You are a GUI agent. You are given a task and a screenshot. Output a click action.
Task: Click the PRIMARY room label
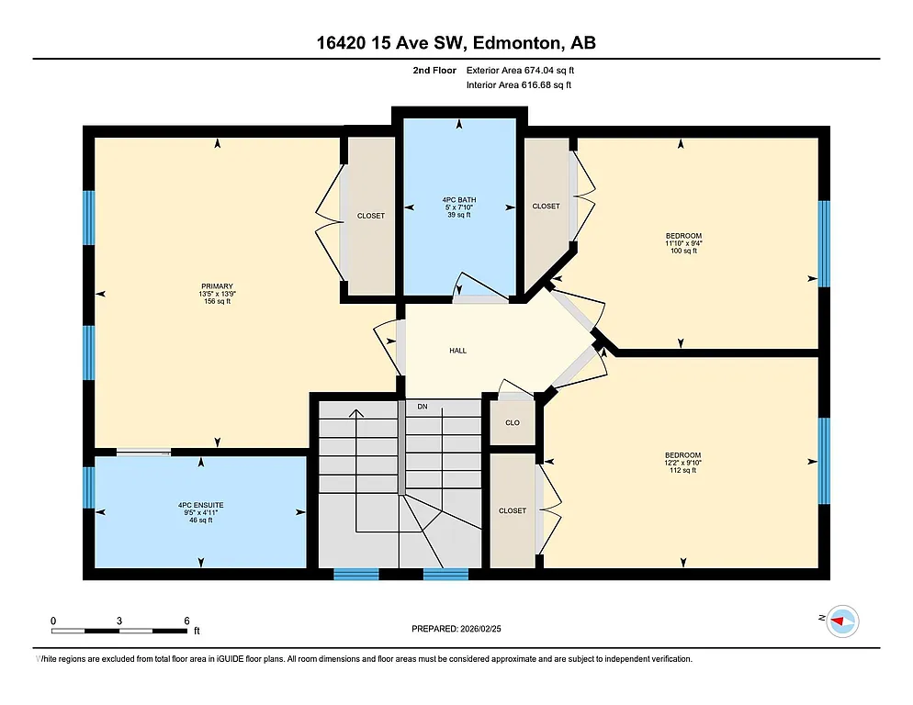(217, 285)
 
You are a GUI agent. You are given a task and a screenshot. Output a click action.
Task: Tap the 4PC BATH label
(458, 199)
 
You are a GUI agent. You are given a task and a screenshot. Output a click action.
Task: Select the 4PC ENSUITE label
(200, 505)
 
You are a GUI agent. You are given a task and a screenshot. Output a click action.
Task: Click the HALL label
(457, 351)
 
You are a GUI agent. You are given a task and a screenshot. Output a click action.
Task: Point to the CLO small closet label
(513, 423)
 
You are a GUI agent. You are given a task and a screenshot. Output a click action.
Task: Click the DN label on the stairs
(422, 406)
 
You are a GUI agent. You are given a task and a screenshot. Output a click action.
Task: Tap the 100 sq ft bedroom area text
(683, 251)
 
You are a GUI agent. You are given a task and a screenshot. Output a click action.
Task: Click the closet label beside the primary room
(371, 216)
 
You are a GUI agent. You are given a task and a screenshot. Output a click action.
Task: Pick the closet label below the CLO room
(513, 510)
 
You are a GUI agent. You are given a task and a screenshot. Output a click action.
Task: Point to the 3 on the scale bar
(119, 621)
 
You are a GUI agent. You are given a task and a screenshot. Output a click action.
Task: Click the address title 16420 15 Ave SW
(456, 43)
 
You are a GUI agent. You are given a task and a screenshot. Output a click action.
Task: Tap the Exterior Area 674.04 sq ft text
(520, 70)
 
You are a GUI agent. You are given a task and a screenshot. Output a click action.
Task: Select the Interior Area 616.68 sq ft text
(519, 85)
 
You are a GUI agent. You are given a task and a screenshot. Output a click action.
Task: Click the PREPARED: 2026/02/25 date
(456, 629)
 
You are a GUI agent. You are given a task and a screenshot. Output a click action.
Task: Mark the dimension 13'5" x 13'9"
(217, 294)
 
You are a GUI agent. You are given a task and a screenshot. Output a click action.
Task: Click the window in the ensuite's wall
(89, 487)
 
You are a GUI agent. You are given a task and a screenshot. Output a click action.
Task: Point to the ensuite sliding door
(143, 451)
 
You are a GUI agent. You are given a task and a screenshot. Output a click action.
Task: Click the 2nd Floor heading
(434, 70)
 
